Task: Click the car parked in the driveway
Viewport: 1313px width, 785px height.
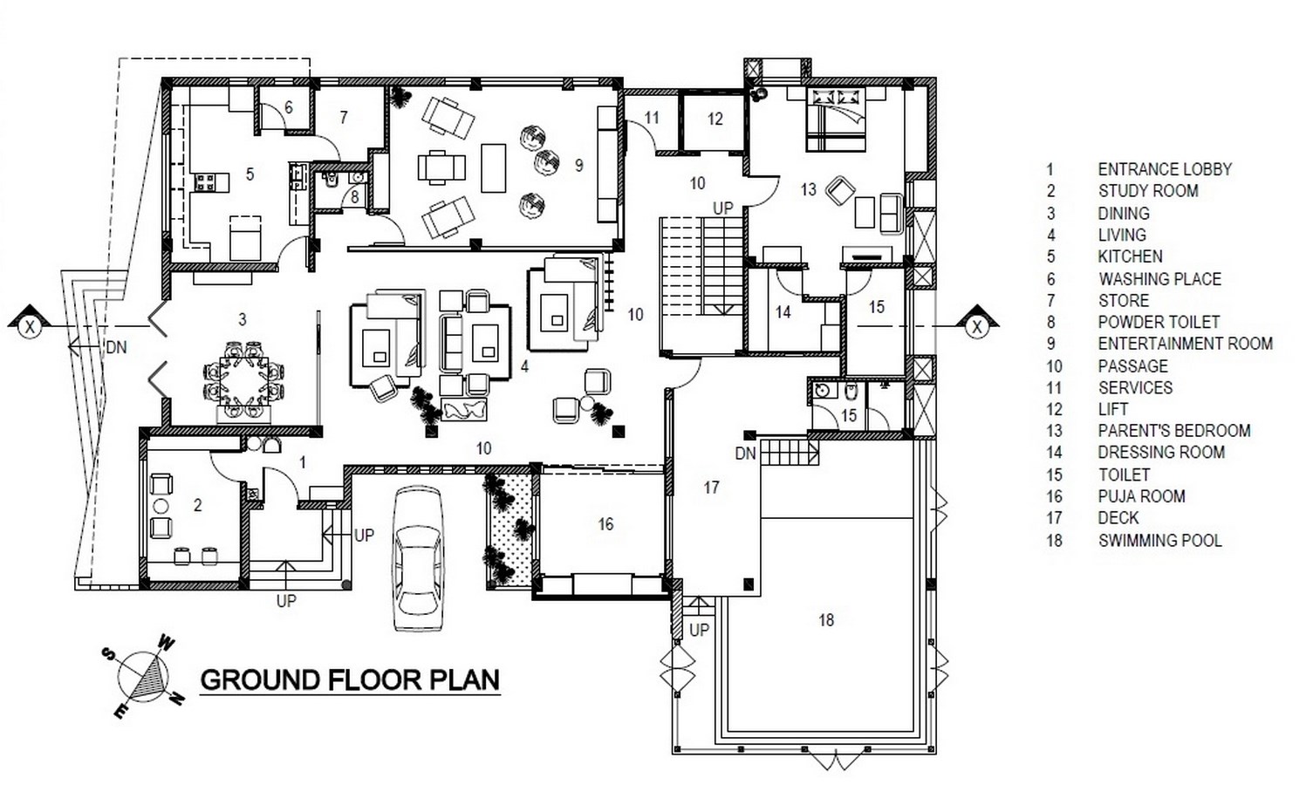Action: tap(417, 559)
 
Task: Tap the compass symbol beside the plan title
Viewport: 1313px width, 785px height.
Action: tap(144, 677)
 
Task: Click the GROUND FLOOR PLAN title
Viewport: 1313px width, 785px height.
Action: tap(350, 680)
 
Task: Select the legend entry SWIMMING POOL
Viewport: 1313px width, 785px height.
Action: tap(1160, 540)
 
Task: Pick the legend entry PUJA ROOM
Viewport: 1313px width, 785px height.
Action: tap(1142, 497)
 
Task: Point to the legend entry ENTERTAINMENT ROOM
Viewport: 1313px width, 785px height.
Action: tap(1186, 344)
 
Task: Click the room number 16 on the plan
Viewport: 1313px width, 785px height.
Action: tap(605, 523)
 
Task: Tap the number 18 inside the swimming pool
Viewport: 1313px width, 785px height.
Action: tap(826, 620)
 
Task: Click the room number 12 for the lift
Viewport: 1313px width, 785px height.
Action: tap(715, 119)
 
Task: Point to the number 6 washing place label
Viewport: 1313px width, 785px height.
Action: tap(289, 107)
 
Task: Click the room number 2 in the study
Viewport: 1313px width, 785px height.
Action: tap(197, 505)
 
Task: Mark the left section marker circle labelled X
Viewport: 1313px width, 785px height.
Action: tap(30, 327)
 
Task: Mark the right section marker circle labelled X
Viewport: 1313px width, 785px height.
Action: tap(976, 327)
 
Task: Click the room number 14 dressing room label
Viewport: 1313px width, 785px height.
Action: tap(783, 312)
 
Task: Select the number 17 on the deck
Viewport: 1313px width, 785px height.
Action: tap(711, 488)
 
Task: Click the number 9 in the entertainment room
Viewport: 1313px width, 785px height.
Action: tap(579, 165)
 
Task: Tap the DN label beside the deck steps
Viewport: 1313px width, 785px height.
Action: tap(746, 454)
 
